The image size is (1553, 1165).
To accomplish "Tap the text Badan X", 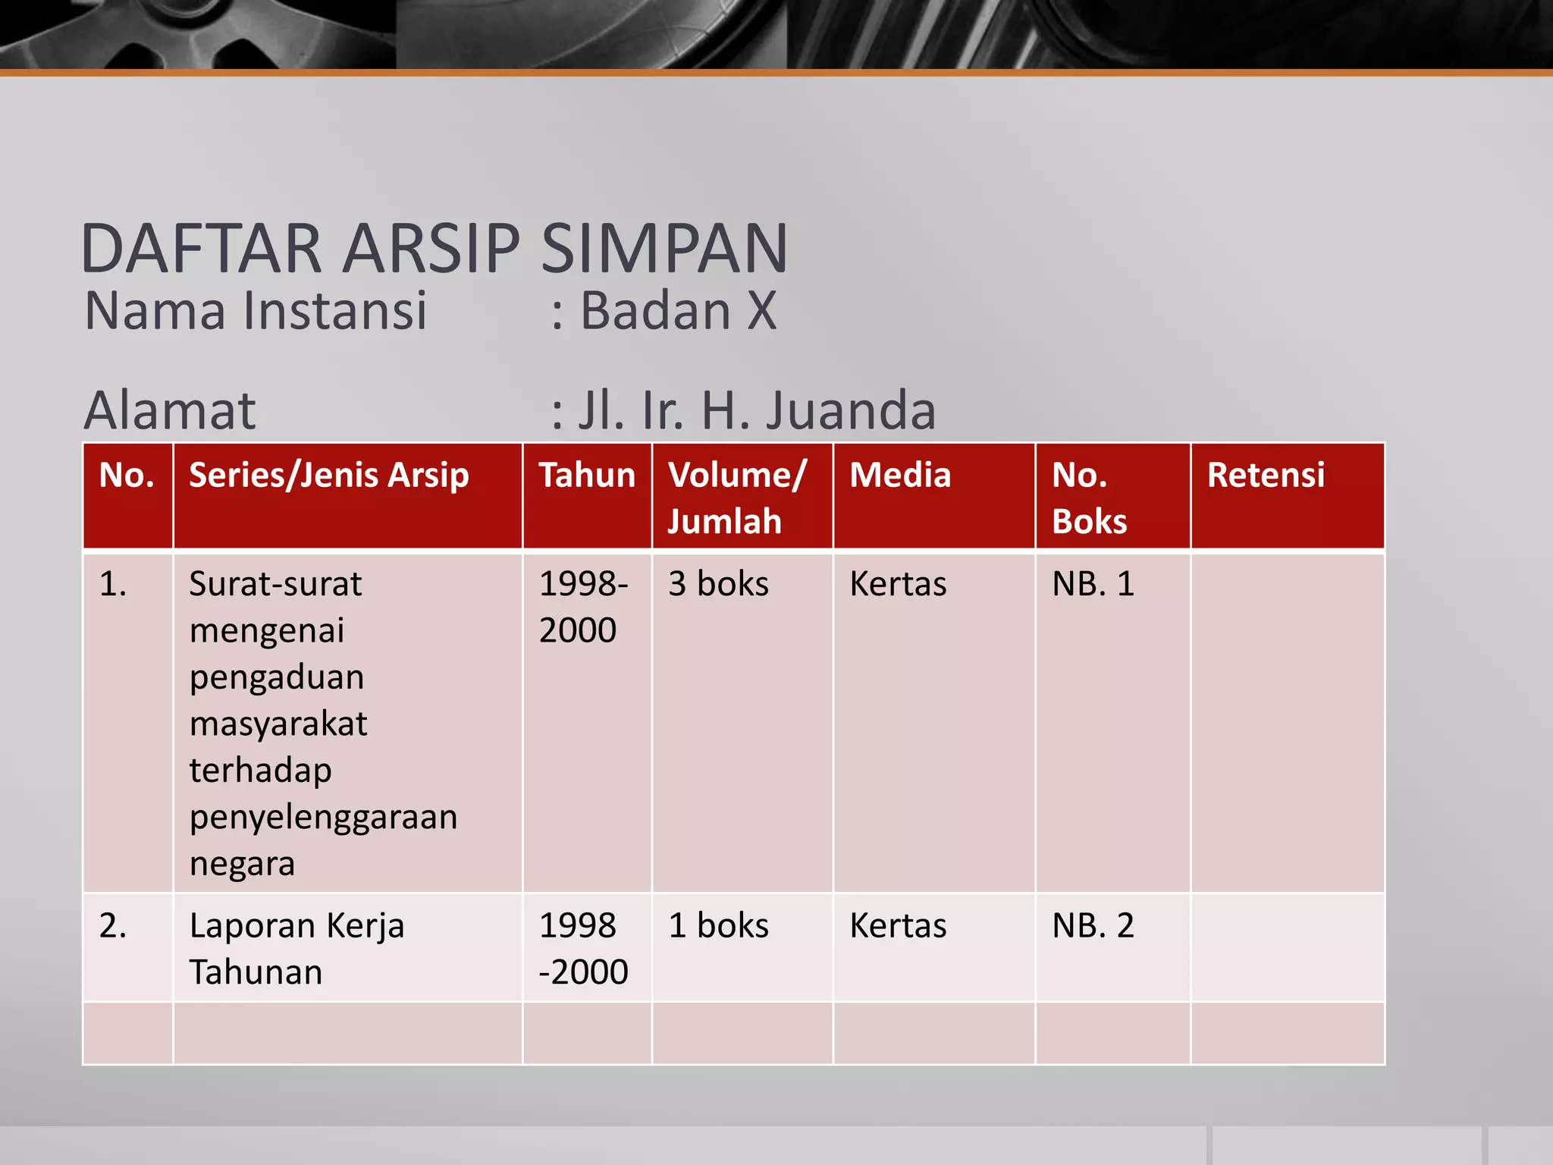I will coord(678,311).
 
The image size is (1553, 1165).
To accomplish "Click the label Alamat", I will coord(170,410).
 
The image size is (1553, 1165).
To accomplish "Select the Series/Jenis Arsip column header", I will coord(329,476).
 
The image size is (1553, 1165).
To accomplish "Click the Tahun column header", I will coord(587,476).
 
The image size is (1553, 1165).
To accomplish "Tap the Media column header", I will coord(900,476).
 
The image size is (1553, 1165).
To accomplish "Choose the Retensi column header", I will coord(1266,476).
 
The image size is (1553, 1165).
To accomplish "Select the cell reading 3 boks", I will coord(718,584).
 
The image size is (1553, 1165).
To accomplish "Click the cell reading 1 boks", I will coord(718,926).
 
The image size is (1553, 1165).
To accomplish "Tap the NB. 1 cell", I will coord(1093,584).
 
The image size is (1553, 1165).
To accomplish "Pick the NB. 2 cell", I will coord(1093,926).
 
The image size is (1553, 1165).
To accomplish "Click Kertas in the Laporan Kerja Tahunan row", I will coord(898,926).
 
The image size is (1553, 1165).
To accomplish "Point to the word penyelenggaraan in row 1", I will coord(324,818).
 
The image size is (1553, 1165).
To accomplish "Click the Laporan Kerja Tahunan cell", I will coord(296,948).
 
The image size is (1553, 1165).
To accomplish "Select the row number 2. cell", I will coord(113,926).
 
